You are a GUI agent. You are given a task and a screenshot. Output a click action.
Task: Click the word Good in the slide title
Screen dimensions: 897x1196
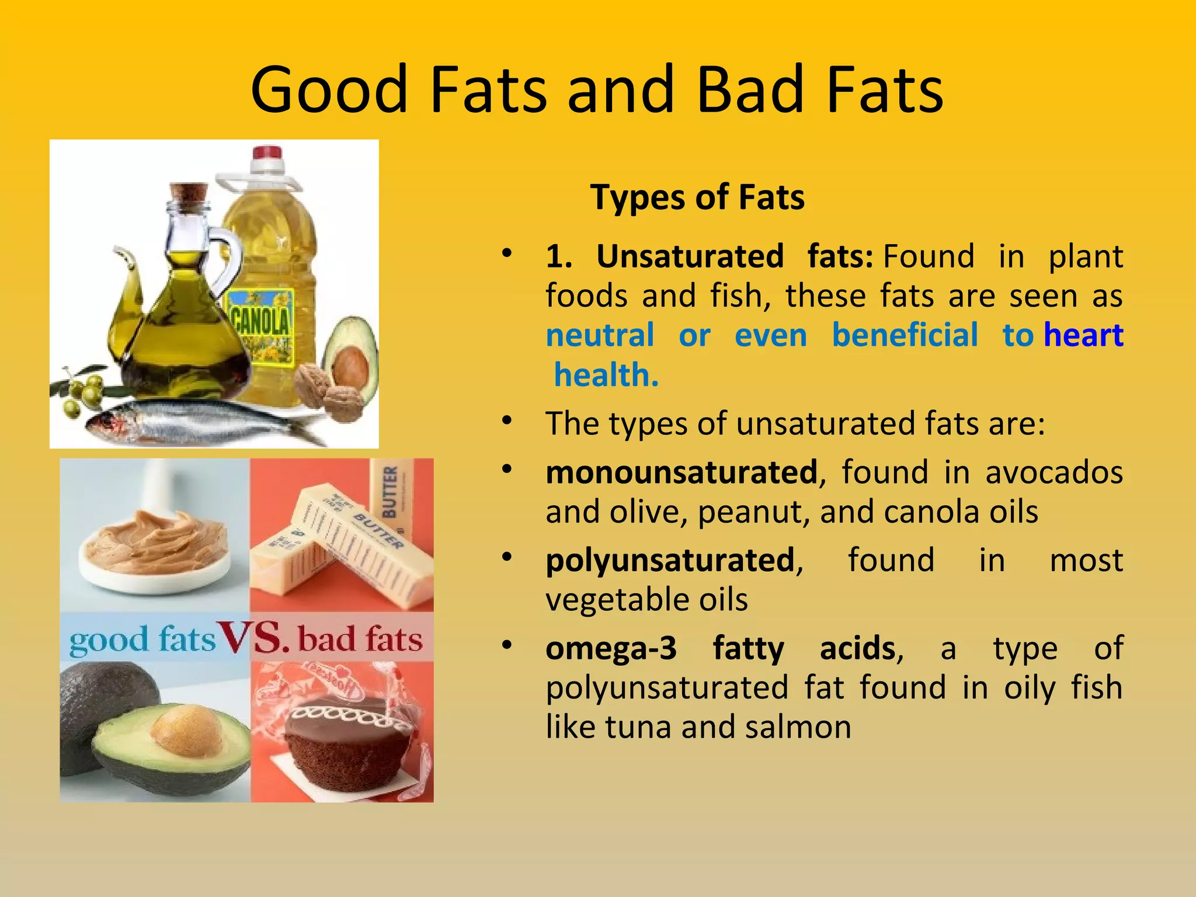pos(329,91)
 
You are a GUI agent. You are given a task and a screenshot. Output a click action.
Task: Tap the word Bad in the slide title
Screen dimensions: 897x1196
pos(754,91)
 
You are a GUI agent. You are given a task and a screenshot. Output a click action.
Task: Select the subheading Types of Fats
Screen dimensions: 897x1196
pos(697,197)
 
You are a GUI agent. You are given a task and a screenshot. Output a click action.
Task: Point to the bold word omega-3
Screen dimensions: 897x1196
pos(611,648)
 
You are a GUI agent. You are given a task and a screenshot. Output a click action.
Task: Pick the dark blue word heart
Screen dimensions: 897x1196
pos(1083,335)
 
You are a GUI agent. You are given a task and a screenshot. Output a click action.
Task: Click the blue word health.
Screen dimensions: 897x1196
pos(606,375)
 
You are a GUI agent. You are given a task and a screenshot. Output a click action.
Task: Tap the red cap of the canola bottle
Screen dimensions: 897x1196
pos(267,154)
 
